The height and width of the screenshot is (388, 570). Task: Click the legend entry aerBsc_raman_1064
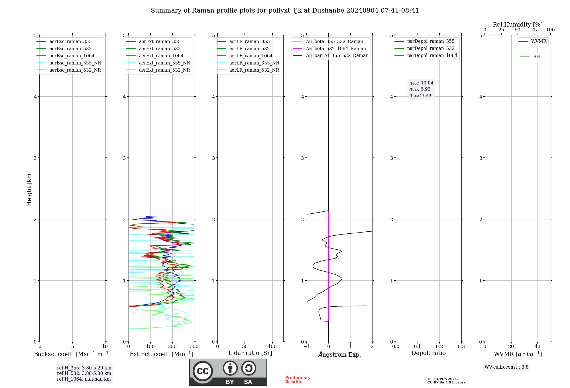pos(72,56)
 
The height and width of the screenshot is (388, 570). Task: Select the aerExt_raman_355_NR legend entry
pos(164,63)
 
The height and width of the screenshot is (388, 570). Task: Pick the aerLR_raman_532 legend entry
pos(249,48)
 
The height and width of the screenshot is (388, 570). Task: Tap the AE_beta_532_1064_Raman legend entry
pos(335,48)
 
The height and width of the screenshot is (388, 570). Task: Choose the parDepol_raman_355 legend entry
pos(430,41)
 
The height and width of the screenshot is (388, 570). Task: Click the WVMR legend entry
pos(538,41)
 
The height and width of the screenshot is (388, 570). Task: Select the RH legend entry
pos(536,57)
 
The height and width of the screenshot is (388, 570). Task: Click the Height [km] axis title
pos(29,189)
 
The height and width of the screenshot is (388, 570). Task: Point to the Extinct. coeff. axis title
pos(161,354)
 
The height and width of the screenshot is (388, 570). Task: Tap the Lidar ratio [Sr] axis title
pos(250,353)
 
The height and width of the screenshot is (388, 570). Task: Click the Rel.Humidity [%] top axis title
pos(518,25)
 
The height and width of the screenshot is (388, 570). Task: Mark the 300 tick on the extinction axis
pos(194,347)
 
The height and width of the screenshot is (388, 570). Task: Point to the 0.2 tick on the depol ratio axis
pos(439,347)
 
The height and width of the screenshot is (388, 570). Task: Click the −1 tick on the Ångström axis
pos(307,347)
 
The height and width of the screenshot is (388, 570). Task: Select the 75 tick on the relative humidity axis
pos(534,30)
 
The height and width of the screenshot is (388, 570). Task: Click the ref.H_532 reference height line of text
pos(84,373)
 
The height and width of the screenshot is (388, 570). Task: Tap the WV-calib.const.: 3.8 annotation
pos(506,367)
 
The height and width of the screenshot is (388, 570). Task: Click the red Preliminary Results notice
pos(298,380)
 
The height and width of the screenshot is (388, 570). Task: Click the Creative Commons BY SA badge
pos(228,372)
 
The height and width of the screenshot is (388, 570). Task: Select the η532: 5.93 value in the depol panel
pos(420,89)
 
